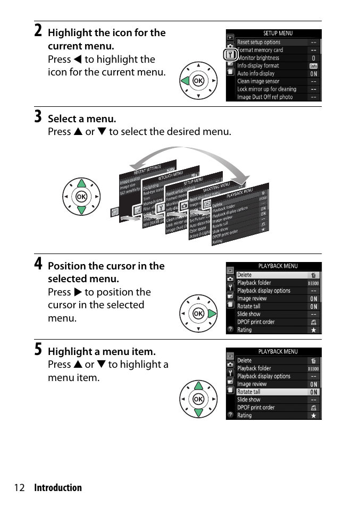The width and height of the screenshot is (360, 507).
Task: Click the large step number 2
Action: [x=38, y=30]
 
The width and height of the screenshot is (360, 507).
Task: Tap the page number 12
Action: [x=20, y=488]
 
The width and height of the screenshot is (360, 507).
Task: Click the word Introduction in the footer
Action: [x=58, y=488]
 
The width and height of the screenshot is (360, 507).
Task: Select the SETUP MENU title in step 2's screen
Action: [x=278, y=33]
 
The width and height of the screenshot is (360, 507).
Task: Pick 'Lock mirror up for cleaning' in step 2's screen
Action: [x=266, y=89]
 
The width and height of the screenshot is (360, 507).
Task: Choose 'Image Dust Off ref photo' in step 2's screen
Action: [x=265, y=97]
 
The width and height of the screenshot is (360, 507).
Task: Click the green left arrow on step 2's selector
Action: [x=185, y=81]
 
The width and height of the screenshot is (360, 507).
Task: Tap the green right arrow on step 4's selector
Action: [x=212, y=314]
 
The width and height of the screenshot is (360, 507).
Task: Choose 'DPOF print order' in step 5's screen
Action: [x=256, y=408]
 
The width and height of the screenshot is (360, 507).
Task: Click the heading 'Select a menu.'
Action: [x=82, y=119]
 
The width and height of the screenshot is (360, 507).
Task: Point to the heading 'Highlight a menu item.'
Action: [x=102, y=351]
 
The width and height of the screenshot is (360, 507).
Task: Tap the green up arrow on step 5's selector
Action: [x=198, y=386]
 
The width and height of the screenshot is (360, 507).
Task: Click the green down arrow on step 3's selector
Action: [x=81, y=209]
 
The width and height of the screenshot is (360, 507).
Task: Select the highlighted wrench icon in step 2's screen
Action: [x=230, y=55]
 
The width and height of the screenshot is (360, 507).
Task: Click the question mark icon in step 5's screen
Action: [x=230, y=415]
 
